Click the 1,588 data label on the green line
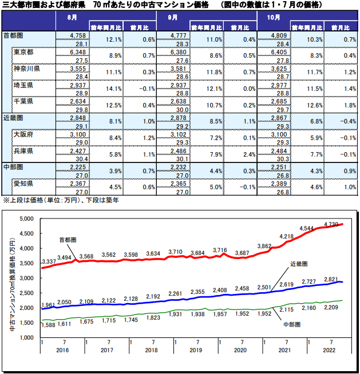(49, 325)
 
